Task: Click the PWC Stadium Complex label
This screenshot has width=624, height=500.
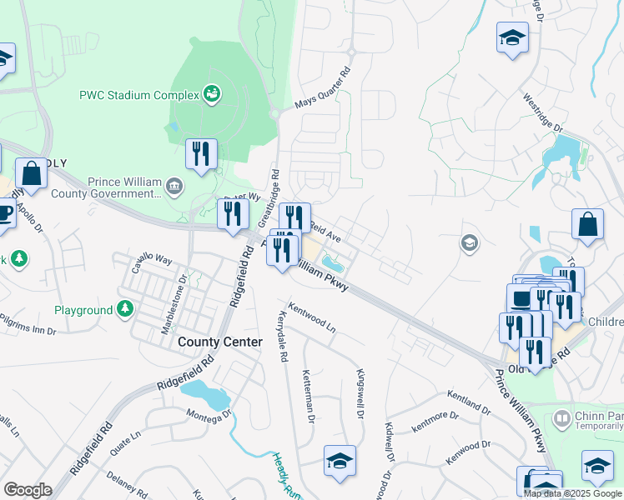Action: [x=138, y=94]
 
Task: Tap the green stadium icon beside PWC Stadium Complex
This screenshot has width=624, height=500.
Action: [x=212, y=94]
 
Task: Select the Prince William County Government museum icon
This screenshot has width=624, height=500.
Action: [x=174, y=184]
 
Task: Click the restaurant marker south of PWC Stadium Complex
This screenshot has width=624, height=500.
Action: [x=201, y=154]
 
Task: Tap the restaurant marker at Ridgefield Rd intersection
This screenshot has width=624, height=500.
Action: [x=233, y=213]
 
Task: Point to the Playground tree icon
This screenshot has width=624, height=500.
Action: [x=125, y=310]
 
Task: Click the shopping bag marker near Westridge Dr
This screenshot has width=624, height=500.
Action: [x=587, y=224]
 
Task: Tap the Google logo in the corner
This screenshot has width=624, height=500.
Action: [x=28, y=489]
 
